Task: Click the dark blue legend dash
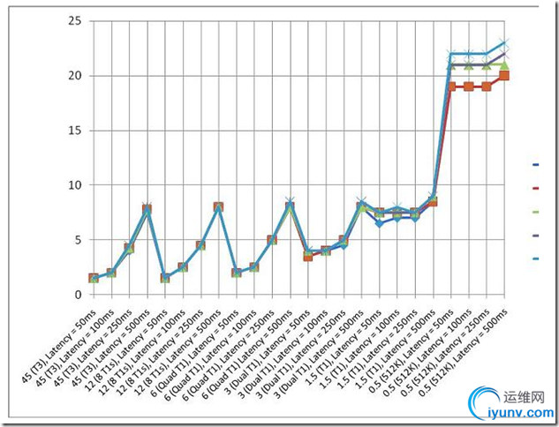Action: coord(535,164)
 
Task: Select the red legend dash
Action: coord(535,188)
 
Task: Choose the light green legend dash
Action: coord(535,212)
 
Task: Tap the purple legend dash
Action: coord(535,236)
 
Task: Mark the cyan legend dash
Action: coord(535,258)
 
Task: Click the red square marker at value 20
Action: coord(503,76)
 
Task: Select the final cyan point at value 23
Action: coord(503,43)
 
